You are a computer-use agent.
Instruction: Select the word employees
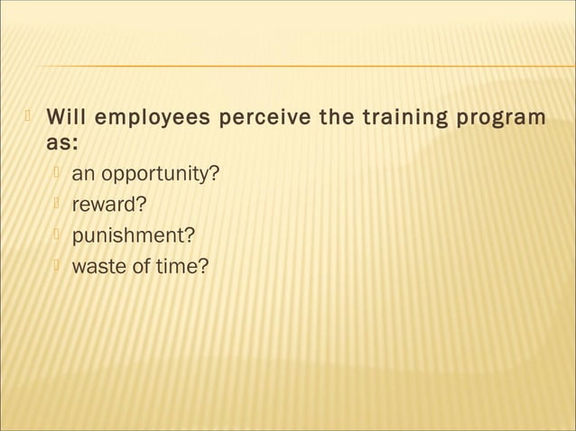[x=154, y=118]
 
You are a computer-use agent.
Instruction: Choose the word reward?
[x=108, y=204]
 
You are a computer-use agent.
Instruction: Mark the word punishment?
[x=132, y=235]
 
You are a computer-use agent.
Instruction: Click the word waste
[x=97, y=266]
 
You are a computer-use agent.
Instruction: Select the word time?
[x=181, y=266]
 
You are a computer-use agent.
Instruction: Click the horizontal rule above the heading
[x=298, y=67]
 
